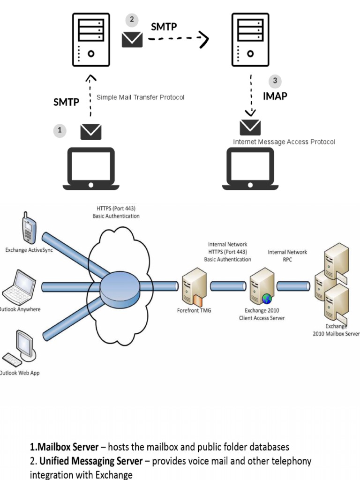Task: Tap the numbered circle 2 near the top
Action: pos(132,20)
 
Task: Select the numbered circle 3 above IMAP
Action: pos(275,81)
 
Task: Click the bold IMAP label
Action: pos(275,96)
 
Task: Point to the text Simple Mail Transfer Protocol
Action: pos(140,97)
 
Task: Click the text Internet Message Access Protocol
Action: pos(284,142)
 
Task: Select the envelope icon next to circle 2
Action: pos(132,39)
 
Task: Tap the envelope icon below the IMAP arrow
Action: pos(250,127)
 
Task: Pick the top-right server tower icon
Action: pos(250,40)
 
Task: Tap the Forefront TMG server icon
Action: pos(194,286)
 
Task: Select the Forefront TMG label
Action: pos(194,310)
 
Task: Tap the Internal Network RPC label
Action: pos(287,255)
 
